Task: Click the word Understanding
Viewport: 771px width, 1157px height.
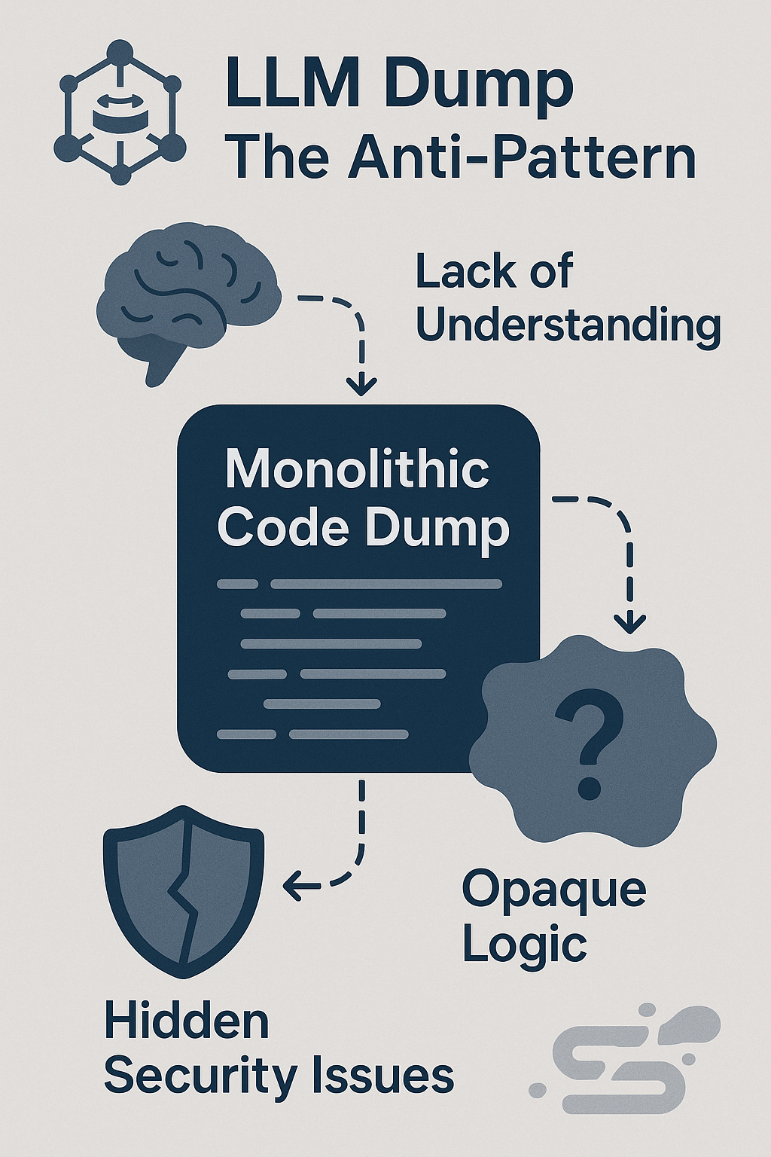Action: click(568, 326)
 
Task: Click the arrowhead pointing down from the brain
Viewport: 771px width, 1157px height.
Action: click(361, 386)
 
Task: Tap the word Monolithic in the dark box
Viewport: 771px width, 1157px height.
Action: click(358, 469)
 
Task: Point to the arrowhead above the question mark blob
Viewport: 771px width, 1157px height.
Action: click(630, 623)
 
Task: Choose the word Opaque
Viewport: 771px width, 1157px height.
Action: click(553, 890)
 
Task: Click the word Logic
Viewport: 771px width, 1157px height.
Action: click(524, 945)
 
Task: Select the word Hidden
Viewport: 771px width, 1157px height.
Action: click(186, 1021)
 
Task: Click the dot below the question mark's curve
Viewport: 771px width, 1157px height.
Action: click(590, 788)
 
